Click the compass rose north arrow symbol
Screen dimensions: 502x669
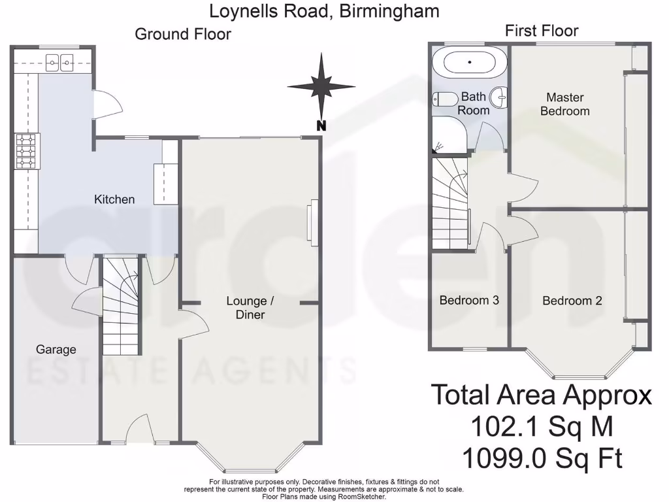click(x=321, y=87)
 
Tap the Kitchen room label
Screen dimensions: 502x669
click(x=114, y=199)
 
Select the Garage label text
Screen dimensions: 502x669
click(x=56, y=350)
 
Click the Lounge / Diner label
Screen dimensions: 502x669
click(x=246, y=308)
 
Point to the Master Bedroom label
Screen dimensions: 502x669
click(x=565, y=104)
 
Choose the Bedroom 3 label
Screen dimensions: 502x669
click(x=469, y=301)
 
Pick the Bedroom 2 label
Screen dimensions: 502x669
click(x=572, y=301)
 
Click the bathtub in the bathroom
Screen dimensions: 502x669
click(x=470, y=62)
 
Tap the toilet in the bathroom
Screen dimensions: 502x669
click(x=446, y=99)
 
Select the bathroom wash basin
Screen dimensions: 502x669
click(x=500, y=97)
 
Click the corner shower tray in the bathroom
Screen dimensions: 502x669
click(x=447, y=135)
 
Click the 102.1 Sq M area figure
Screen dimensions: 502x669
click(x=542, y=427)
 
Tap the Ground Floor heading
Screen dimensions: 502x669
click(x=183, y=34)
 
